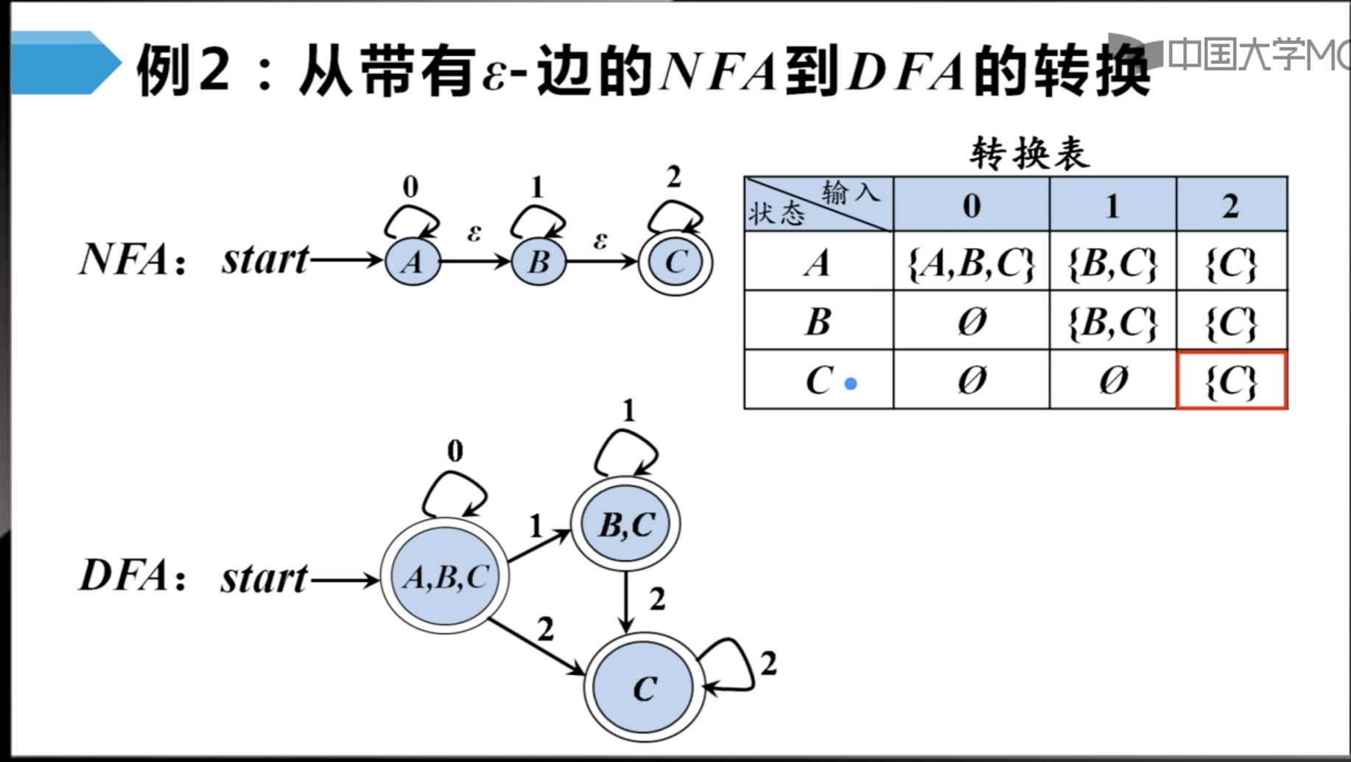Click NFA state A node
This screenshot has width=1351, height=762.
pyautogui.click(x=413, y=262)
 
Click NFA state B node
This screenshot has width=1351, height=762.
pyautogui.click(x=538, y=262)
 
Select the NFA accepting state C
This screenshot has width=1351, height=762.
pyautogui.click(x=675, y=262)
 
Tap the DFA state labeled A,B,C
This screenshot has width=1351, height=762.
pyautogui.click(x=445, y=577)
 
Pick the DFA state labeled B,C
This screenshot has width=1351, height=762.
pyautogui.click(x=626, y=524)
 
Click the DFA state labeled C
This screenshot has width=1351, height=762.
pyautogui.click(x=645, y=688)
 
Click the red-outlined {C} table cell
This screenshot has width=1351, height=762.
pyautogui.click(x=1232, y=380)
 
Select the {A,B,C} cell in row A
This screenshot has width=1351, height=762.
pyautogui.click(x=971, y=262)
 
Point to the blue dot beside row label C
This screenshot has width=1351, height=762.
pyautogui.click(x=851, y=384)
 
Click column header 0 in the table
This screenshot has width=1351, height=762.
pyautogui.click(x=971, y=205)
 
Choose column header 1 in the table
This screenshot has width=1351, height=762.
pyautogui.click(x=1112, y=205)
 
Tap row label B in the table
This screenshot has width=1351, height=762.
pyautogui.click(x=818, y=321)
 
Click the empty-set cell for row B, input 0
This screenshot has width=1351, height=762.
pyautogui.click(x=971, y=321)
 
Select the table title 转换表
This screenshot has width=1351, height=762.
pyautogui.click(x=1028, y=153)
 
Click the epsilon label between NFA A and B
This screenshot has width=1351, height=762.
pyautogui.click(x=474, y=234)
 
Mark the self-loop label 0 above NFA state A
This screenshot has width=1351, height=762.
pyautogui.click(x=410, y=187)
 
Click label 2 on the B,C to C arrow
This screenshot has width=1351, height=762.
pyautogui.click(x=657, y=599)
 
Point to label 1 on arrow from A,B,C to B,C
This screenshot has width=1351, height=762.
pyautogui.click(x=536, y=525)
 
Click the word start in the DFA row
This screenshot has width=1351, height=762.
pyautogui.click(x=264, y=578)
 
